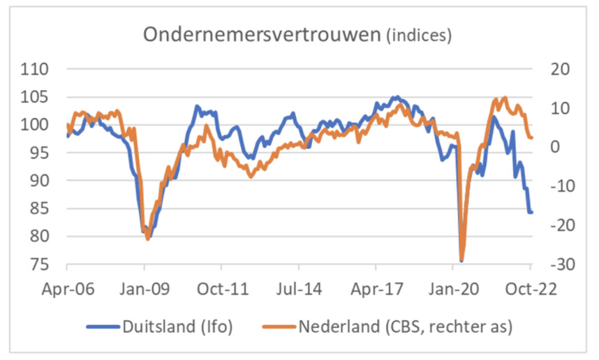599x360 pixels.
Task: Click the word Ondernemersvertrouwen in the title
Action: pos(261,35)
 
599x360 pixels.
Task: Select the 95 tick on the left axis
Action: pos(41,153)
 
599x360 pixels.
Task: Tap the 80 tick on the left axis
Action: pos(41,237)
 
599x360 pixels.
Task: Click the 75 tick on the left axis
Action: pos(41,264)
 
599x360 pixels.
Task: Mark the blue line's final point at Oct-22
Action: pos(531,212)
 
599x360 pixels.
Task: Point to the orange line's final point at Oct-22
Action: pos(531,137)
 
